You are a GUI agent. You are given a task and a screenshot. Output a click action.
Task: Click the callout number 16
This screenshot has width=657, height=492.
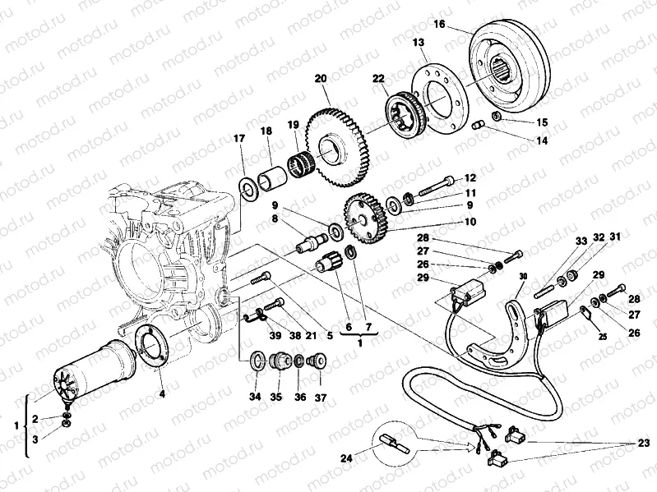coord(440,25)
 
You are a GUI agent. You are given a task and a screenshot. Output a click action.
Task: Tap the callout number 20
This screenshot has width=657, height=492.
coord(321,79)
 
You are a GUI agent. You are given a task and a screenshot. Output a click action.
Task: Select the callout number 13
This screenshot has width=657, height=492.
coord(419,42)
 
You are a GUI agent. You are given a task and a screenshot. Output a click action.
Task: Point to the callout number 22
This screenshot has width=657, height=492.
coord(378,79)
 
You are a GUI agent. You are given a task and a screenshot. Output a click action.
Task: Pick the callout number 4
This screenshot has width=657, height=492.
coord(162,394)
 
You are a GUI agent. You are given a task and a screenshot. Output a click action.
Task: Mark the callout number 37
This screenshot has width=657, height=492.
coord(320,398)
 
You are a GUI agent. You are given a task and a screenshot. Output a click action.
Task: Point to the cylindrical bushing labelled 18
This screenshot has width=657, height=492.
coord(272,177)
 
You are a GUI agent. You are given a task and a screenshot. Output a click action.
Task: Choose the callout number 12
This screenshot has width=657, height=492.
coord(470,177)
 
